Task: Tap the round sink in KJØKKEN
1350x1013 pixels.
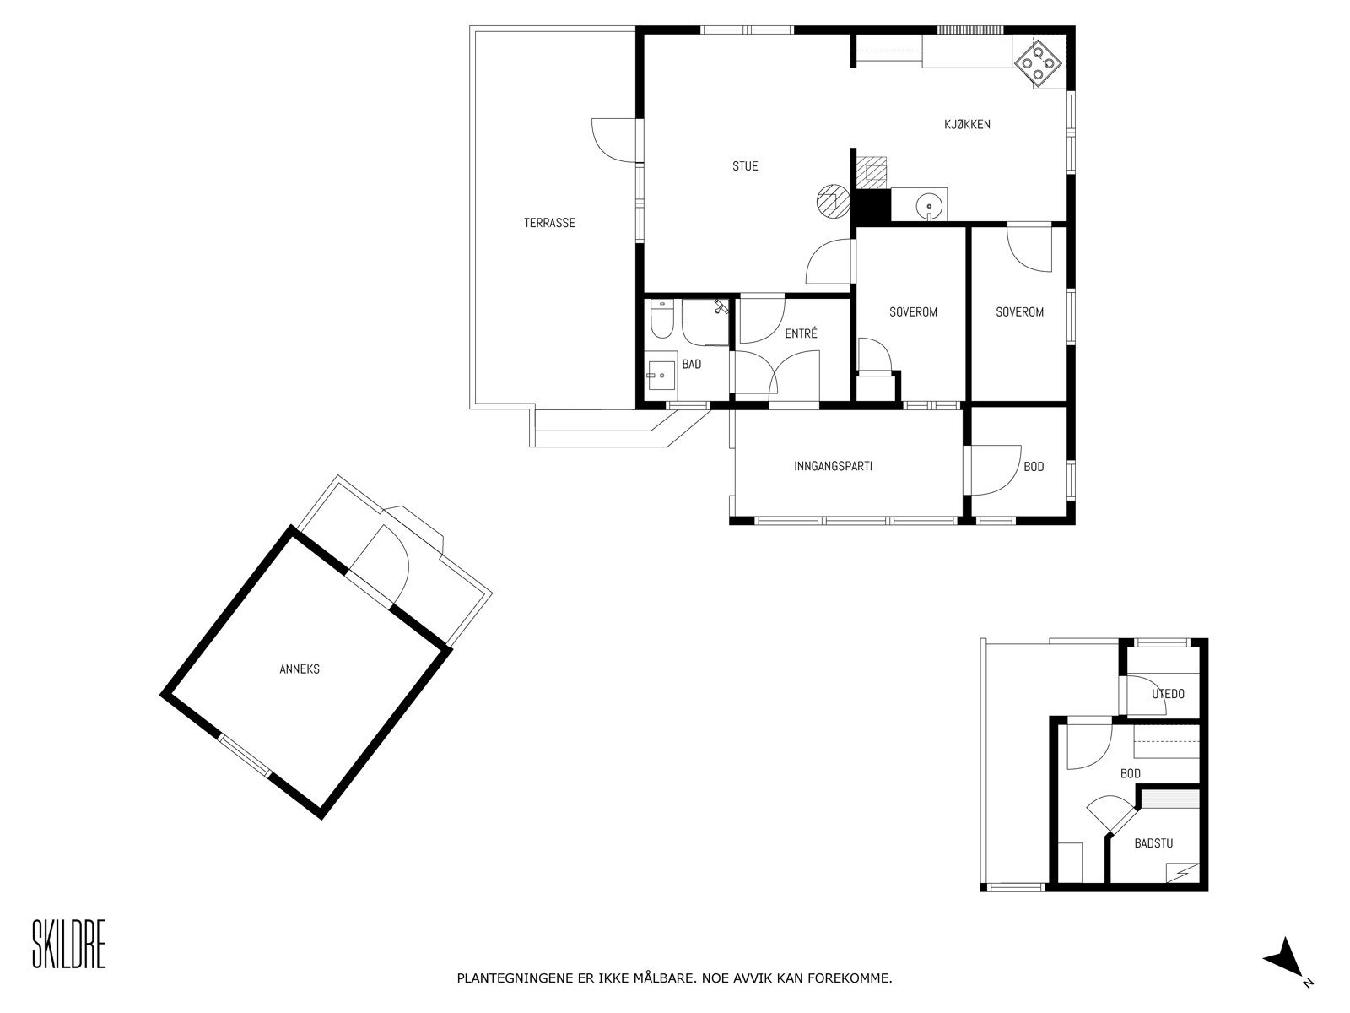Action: (928, 203)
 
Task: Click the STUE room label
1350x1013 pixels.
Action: (745, 166)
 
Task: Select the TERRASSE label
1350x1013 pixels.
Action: (549, 223)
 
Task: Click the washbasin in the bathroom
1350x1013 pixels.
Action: (660, 375)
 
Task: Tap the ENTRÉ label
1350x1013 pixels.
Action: (801, 334)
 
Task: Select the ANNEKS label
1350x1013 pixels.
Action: (300, 669)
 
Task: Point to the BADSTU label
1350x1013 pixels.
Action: (1153, 843)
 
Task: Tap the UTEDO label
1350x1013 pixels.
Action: (1168, 694)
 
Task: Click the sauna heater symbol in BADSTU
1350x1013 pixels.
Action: (1181, 871)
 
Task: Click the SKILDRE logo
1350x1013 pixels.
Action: (69, 944)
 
